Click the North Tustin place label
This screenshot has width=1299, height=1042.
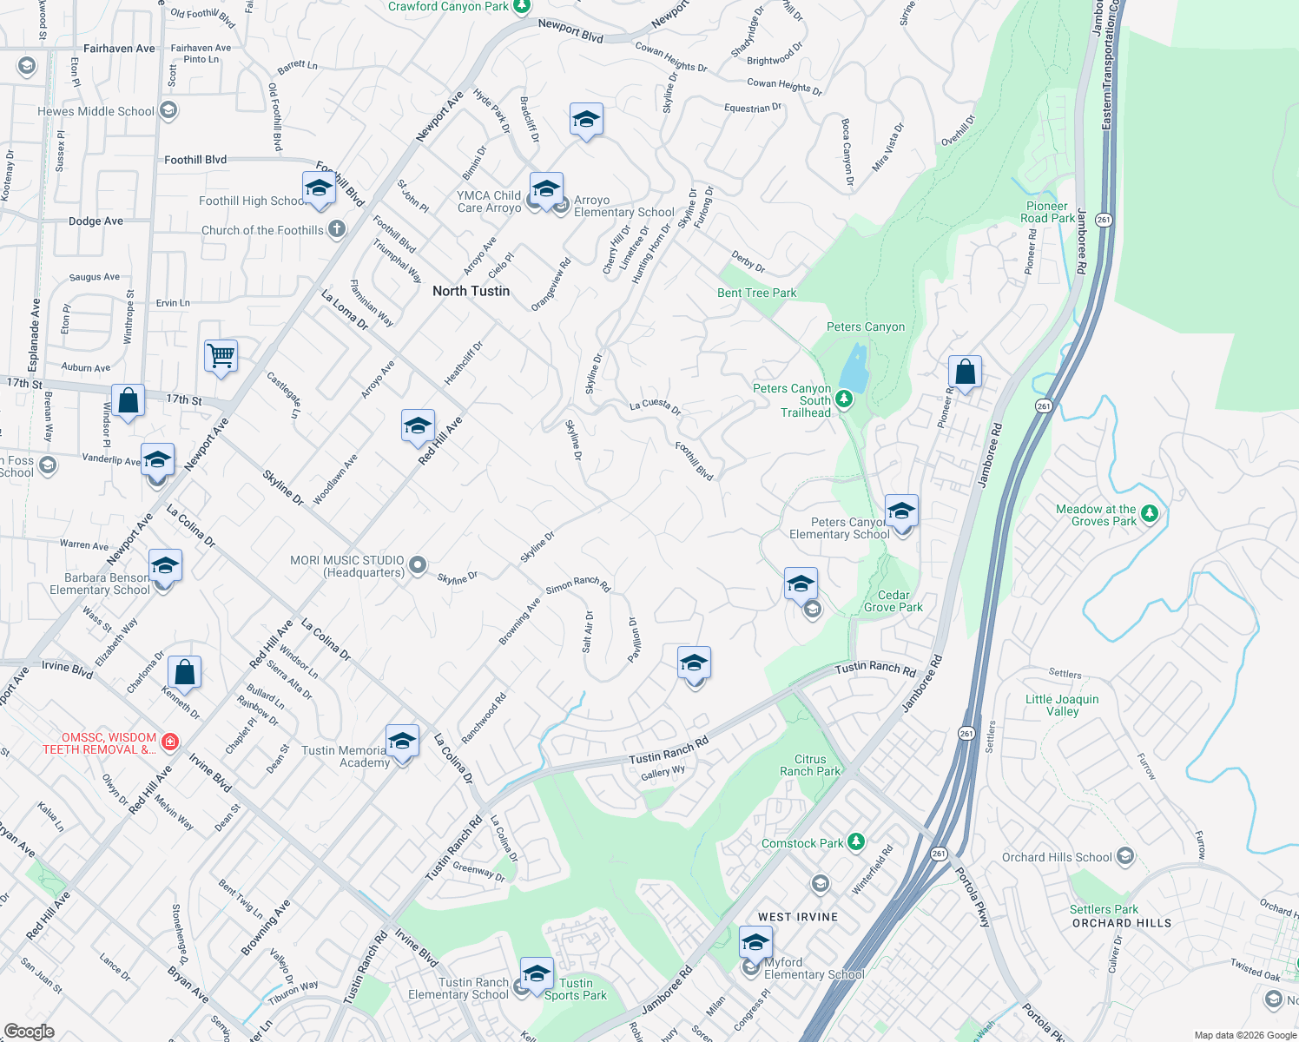coord(471,291)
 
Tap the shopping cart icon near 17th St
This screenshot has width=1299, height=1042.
coord(221,355)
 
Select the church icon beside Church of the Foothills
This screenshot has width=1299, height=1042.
coord(337,229)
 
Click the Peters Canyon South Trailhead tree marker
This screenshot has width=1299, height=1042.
coord(843,399)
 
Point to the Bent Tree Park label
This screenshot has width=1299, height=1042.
coord(757,293)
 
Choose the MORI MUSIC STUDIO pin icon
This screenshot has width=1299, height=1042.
coord(418,566)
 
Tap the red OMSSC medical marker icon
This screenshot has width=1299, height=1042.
coord(170,742)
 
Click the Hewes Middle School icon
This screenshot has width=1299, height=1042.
coord(169,110)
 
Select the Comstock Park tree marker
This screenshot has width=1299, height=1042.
coord(856,841)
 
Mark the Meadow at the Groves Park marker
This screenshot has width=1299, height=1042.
coord(1150,514)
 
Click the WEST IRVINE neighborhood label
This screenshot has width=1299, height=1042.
coord(798,917)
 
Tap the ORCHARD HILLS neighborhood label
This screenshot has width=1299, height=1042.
coord(1122,923)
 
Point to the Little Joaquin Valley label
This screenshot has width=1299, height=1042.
coord(1062,705)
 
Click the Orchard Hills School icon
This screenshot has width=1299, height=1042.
coord(1125,857)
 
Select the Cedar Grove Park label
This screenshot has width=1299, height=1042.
coord(893,601)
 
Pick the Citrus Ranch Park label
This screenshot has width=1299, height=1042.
coord(810,765)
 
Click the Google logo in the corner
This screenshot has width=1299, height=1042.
coord(29,1032)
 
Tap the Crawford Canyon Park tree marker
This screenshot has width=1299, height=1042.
coord(521,7)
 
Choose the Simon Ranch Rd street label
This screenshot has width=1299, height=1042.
coord(578,584)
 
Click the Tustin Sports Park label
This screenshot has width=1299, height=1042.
coord(576,989)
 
